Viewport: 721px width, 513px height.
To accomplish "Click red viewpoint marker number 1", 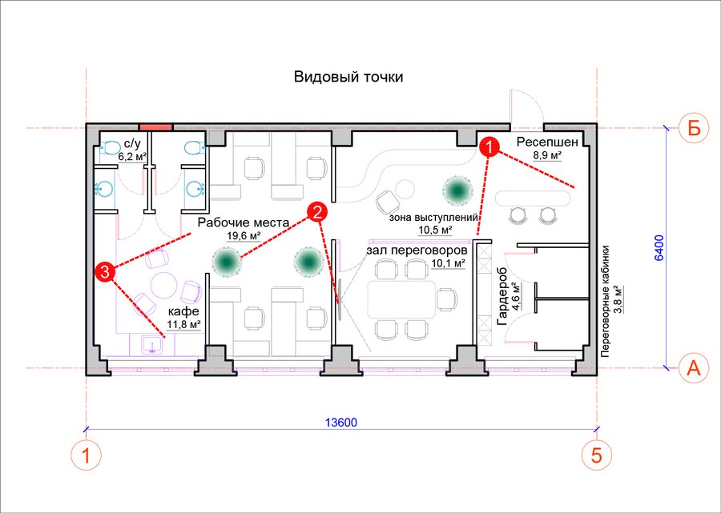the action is click(x=489, y=147).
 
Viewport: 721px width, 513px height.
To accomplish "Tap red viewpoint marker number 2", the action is click(x=317, y=212).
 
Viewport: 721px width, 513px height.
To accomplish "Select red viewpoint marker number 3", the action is click(x=105, y=272).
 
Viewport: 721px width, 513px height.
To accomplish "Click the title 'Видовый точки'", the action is click(x=348, y=77).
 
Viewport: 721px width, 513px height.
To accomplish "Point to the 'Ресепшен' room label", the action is click(x=546, y=142).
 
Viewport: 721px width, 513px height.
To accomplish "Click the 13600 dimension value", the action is click(x=341, y=422).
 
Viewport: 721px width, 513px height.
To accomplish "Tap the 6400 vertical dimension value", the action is click(x=659, y=248).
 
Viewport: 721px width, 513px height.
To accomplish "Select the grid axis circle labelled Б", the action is click(x=694, y=128).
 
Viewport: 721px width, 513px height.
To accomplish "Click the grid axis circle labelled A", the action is click(x=693, y=368).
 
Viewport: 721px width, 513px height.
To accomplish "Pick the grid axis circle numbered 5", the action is click(x=596, y=455).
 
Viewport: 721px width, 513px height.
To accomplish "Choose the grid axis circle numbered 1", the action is click(x=86, y=455).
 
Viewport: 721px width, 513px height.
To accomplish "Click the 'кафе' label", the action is click(x=183, y=312).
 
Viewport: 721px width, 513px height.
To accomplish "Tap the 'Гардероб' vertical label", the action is click(x=502, y=296).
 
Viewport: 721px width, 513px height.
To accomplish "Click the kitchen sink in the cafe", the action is click(x=151, y=344).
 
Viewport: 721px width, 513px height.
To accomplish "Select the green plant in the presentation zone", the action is click(x=458, y=189).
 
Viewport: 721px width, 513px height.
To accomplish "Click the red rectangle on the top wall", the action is click(x=156, y=126).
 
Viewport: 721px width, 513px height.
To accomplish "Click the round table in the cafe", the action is click(x=164, y=286).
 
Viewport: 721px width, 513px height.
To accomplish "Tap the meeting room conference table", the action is click(x=401, y=299).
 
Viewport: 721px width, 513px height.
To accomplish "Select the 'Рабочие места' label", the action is click(x=244, y=223).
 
